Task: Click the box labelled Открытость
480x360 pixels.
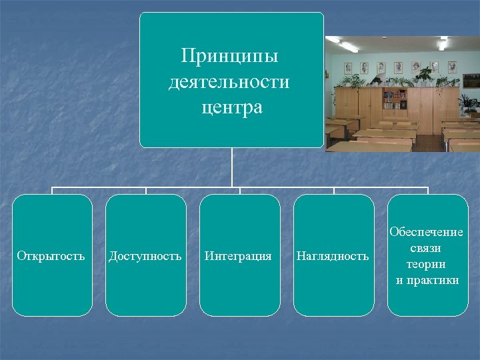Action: pyautogui.click(x=52, y=255)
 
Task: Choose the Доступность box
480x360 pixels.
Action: pyautogui.click(x=145, y=255)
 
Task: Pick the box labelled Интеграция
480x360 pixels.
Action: pyautogui.click(x=239, y=255)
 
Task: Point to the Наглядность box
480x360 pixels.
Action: pyautogui.click(x=333, y=255)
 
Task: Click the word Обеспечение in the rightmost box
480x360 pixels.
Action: pyautogui.click(x=427, y=232)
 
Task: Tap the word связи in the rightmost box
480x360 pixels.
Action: pyautogui.click(x=427, y=248)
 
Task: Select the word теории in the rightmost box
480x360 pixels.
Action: pyautogui.click(x=427, y=264)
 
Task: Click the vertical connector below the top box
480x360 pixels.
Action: pyautogui.click(x=232, y=167)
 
